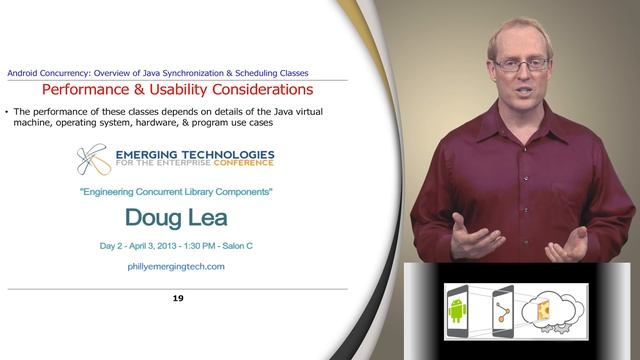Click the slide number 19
coord(178,298)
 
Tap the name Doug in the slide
coord(154,217)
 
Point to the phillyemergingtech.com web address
coord(177,267)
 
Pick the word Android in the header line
coord(26,72)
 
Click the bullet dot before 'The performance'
coord(8,111)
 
